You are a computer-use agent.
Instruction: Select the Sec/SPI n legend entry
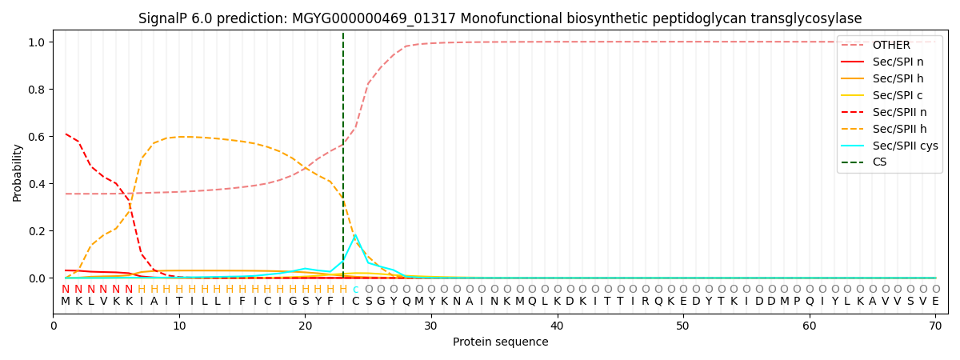tap(894, 62)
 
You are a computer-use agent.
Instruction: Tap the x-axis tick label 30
tap(431, 326)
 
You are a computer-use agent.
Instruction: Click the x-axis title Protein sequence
tap(501, 342)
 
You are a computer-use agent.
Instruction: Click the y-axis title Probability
tap(18, 172)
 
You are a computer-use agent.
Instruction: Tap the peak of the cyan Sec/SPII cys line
tap(355, 235)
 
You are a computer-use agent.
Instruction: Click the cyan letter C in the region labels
tap(355, 290)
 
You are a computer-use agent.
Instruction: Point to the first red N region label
tap(66, 290)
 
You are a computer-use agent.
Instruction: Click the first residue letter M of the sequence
tap(66, 302)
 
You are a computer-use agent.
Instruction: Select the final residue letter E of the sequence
tap(935, 302)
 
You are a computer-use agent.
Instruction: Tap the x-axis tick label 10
tap(179, 326)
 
